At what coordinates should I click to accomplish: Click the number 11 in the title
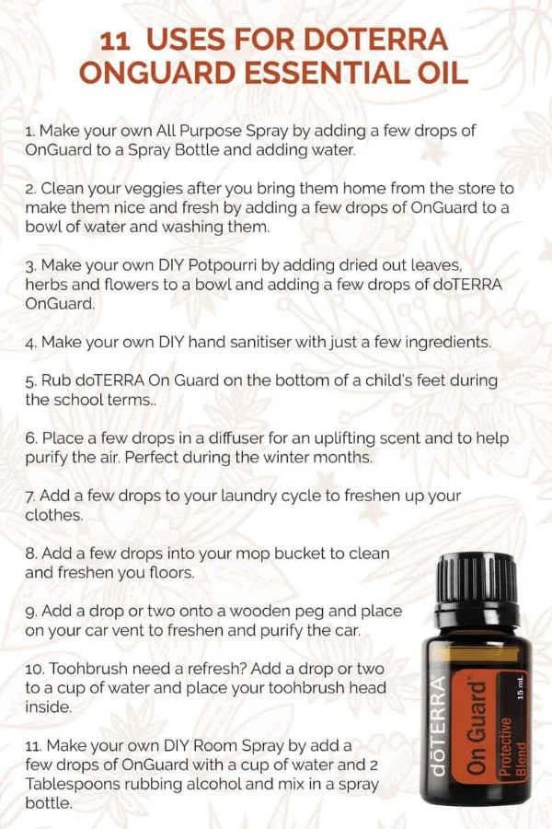coord(115,41)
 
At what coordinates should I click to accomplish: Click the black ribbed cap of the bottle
coord(477,574)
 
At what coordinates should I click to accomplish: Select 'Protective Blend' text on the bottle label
coord(513,746)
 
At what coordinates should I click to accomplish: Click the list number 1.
coord(30,131)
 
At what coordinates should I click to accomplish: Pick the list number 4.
coord(31,344)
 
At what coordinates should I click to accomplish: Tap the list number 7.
coord(30,496)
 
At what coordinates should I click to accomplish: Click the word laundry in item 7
coord(248,496)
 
